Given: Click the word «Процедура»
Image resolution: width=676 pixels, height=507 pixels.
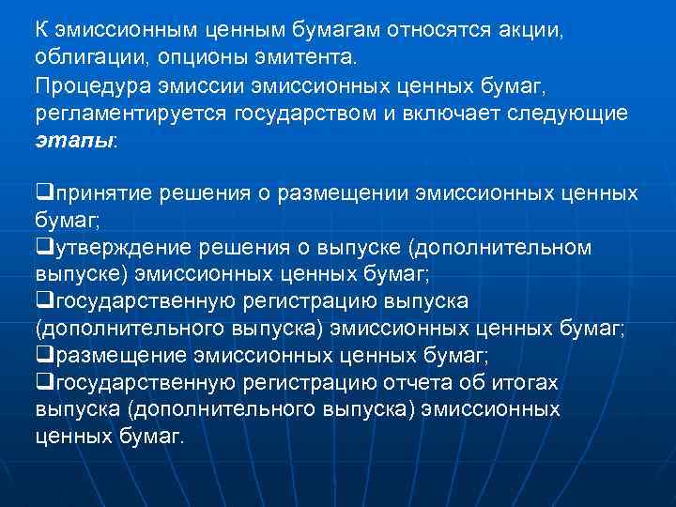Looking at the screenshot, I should [84, 86].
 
